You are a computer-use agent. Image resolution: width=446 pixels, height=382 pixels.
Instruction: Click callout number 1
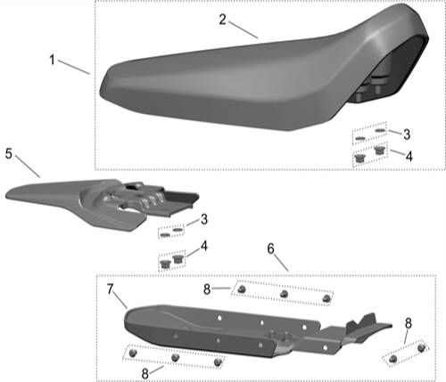53,60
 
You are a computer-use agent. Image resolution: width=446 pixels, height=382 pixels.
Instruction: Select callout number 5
9,153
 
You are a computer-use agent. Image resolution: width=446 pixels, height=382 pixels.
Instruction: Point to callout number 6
270,250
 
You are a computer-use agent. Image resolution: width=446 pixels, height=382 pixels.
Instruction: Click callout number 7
111,289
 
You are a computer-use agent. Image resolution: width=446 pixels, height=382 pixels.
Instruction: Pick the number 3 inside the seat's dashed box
406,134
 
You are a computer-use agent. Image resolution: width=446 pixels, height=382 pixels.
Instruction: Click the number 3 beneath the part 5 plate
204,219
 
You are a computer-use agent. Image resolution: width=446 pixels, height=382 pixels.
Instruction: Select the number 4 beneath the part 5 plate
204,245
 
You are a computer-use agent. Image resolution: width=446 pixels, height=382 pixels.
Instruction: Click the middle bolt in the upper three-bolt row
284,293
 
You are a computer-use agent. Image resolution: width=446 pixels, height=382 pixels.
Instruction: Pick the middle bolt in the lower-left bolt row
175,358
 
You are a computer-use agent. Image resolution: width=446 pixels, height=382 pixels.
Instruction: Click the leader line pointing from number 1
76,66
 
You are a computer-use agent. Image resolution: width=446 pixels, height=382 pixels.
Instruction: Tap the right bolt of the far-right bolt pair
421,349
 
